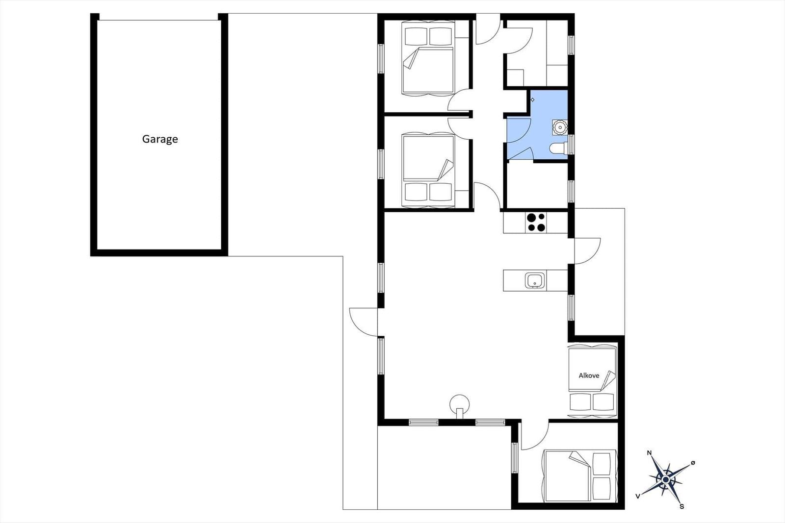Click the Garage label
[160, 139]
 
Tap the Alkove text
[589, 375]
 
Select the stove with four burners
[536, 223]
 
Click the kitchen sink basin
[535, 280]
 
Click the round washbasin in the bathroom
[560, 127]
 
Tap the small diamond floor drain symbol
[532, 100]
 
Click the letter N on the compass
[649, 452]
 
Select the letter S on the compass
[681, 506]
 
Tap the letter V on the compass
[638, 496]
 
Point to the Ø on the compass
[692, 463]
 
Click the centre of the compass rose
[665, 479]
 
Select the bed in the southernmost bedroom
[579, 476]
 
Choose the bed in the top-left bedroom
[428, 58]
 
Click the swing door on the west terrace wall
[363, 322]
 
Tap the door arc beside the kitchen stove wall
[588, 251]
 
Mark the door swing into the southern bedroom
[535, 436]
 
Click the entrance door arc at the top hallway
[488, 29]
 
